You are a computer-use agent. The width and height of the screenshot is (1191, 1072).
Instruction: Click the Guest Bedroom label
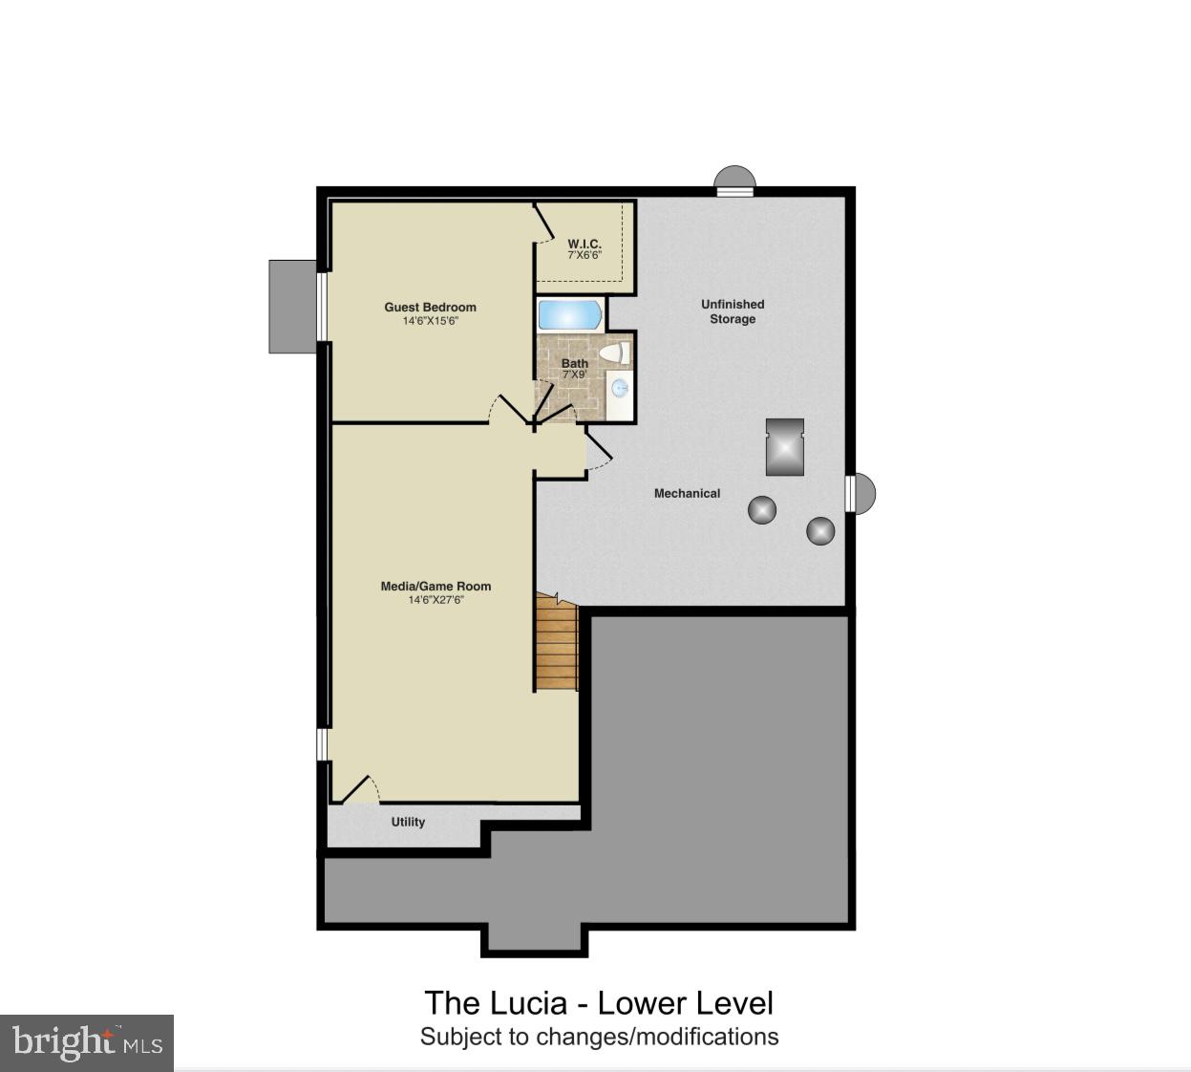[x=430, y=307]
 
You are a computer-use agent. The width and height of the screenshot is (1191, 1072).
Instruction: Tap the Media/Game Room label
[x=436, y=587]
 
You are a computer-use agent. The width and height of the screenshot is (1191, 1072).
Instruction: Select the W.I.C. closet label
[x=585, y=245]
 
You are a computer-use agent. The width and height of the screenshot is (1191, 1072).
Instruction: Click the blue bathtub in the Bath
[x=569, y=315]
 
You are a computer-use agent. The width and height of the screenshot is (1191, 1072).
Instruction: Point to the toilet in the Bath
[x=614, y=353]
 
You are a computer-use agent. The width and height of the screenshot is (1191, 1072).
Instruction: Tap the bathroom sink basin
[x=620, y=388]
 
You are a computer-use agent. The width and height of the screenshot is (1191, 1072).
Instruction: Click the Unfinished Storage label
[x=733, y=311]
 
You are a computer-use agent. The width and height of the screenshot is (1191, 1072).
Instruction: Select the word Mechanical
[x=687, y=493]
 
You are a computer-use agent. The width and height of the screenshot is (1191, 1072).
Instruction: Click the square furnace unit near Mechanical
[x=785, y=446]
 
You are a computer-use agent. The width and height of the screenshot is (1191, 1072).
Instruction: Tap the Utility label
[x=408, y=822]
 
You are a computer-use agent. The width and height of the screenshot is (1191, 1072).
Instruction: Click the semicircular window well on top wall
[x=735, y=180]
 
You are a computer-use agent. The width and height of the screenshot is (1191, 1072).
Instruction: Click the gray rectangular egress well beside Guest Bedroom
[x=292, y=307]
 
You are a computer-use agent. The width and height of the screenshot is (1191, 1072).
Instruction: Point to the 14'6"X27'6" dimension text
[x=436, y=600]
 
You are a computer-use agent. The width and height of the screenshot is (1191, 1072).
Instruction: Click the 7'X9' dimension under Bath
[x=574, y=375]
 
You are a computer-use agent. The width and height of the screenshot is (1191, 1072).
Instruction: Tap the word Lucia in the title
[x=528, y=1003]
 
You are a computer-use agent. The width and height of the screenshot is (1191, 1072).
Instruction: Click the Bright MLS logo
[x=87, y=1041]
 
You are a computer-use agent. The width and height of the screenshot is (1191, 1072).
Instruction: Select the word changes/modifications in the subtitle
[x=657, y=1037]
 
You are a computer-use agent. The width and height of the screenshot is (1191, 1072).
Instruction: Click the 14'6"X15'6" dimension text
[x=430, y=321]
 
